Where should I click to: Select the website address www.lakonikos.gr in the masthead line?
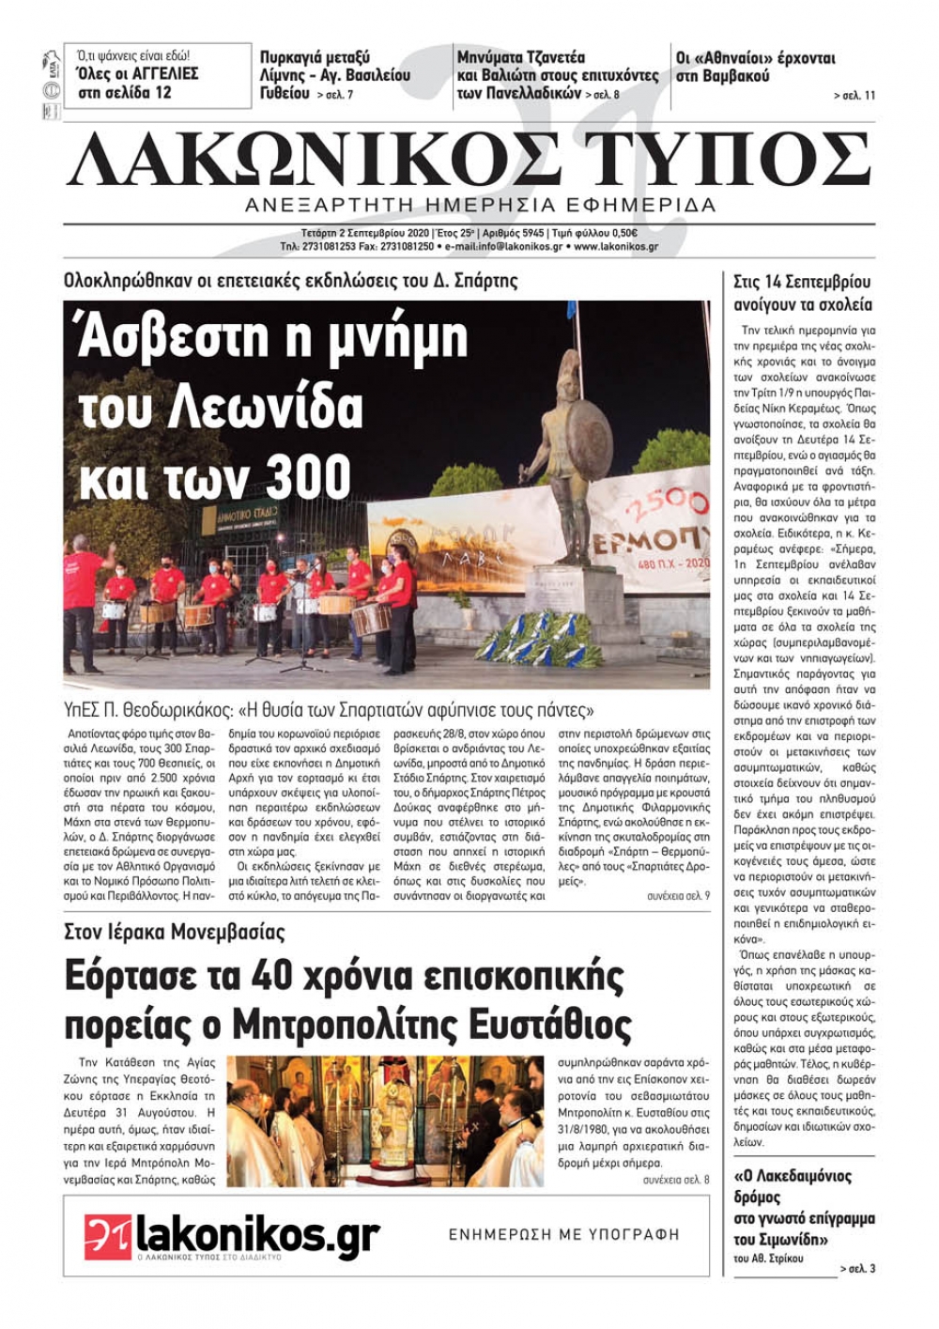coord(615,247)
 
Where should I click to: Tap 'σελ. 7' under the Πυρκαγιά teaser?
coord(335,96)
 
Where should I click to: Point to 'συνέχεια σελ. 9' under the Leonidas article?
coord(678,897)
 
